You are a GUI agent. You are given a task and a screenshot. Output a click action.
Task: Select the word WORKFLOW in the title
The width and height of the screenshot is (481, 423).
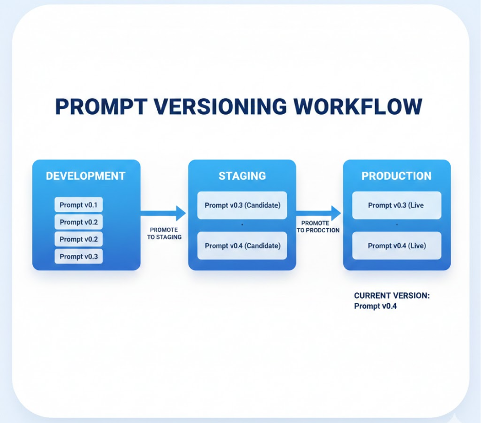tap(359, 106)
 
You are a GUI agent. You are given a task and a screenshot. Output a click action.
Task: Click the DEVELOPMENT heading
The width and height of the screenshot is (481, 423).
tap(86, 176)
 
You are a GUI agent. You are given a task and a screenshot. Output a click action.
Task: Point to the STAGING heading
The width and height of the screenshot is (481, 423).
tap(242, 176)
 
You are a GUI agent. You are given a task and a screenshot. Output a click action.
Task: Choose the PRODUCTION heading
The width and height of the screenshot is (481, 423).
tap(396, 176)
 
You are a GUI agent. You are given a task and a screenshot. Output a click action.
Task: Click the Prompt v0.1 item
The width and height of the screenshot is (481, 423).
tap(78, 205)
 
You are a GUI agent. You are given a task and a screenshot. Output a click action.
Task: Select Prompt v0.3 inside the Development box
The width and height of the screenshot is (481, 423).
tap(78, 256)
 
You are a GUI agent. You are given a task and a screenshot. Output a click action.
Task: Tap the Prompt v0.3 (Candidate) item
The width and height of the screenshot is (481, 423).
tap(242, 205)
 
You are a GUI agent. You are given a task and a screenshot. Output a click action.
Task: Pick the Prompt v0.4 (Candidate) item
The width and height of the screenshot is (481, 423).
tap(242, 246)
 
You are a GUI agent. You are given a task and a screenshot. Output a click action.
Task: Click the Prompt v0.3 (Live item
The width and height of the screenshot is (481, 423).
tap(396, 205)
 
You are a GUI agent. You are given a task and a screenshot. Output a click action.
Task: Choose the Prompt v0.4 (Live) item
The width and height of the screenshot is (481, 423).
tap(396, 246)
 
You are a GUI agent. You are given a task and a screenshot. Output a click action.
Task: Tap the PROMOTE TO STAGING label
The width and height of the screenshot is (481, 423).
tap(164, 233)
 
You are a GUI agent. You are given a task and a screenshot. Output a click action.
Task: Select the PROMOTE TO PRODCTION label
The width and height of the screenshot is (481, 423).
tap(318, 227)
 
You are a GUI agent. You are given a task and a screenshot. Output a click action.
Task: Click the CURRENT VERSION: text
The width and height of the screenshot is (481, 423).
tap(392, 296)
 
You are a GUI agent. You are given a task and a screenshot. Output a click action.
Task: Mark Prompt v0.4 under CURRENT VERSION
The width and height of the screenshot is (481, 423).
tap(376, 306)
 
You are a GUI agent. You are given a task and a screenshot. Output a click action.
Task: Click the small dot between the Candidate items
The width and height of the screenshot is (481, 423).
tap(242, 225)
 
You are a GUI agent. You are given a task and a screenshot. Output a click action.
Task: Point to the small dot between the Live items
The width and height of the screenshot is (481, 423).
tap(397, 225)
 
